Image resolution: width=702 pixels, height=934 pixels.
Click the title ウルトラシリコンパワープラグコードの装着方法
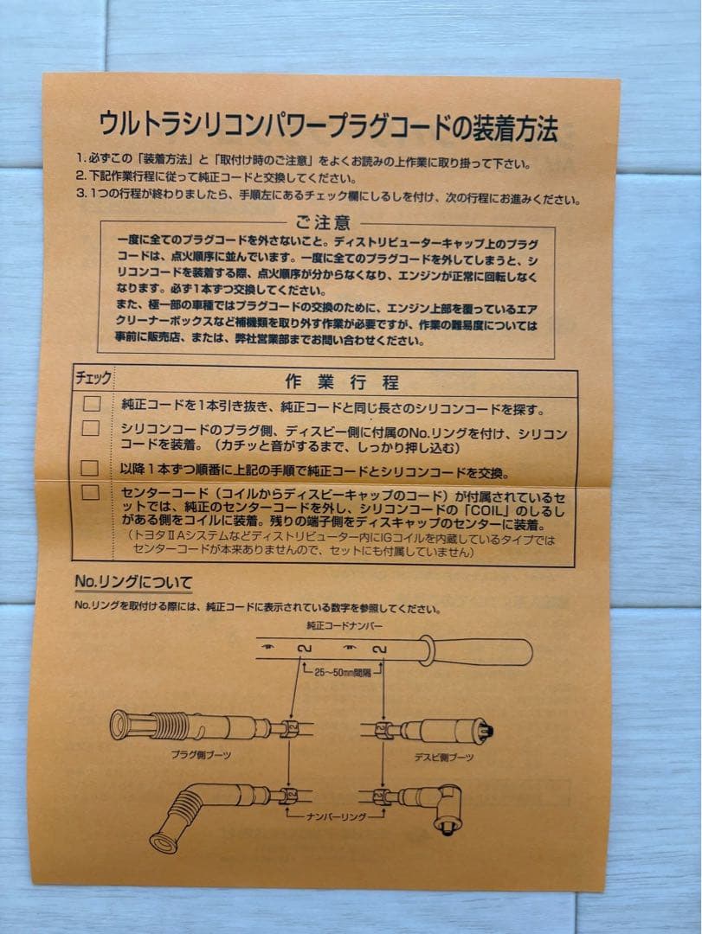[328, 126]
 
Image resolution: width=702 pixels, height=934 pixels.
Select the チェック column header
[93, 379]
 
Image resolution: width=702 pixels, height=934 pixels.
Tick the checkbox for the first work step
[91, 404]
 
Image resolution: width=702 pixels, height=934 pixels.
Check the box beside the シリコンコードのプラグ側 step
[91, 428]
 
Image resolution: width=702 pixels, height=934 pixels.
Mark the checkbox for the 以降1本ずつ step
[90, 468]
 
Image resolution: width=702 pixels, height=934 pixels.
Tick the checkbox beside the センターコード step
[90, 492]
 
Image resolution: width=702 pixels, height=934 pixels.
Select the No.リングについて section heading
[132, 582]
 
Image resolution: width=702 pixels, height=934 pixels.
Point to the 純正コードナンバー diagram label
[344, 624]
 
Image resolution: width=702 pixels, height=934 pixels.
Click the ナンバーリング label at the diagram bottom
[336, 816]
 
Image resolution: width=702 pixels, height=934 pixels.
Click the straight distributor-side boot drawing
[441, 731]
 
